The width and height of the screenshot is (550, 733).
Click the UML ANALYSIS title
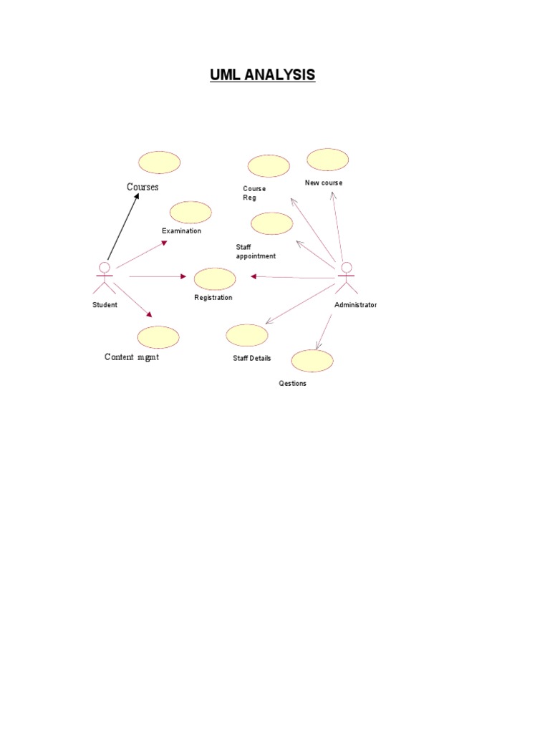[262, 74]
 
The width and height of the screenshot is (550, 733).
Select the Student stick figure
[105, 278]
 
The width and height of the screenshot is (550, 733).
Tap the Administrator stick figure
[347, 278]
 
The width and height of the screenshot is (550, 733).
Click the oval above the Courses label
[159, 162]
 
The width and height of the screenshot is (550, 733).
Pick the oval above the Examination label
[190, 213]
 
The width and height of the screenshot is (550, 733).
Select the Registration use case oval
[215, 278]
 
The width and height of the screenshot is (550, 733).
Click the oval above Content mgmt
[158, 337]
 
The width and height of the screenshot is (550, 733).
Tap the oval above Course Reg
[269, 166]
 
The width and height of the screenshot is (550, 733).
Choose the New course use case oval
[327, 160]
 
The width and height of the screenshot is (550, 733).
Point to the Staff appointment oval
[272, 223]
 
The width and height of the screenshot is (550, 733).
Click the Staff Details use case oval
[247, 335]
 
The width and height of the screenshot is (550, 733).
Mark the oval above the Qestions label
[312, 361]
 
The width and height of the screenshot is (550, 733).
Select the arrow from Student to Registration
[158, 276]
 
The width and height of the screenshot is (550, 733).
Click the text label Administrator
[355, 305]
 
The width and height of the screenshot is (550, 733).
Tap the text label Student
[105, 305]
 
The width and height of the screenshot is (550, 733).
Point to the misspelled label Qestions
[292, 384]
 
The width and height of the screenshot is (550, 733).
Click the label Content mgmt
[132, 357]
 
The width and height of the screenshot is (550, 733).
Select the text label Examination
[181, 231]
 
